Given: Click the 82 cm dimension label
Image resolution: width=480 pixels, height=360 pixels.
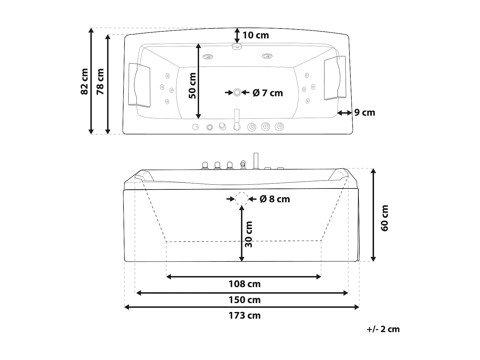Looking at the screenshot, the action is click(84, 81).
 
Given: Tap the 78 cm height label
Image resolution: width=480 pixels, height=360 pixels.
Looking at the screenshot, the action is click(100, 81).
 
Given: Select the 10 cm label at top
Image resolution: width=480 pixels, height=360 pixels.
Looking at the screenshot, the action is click(256, 35).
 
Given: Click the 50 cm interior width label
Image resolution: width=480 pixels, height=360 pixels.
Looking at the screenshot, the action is click(192, 86).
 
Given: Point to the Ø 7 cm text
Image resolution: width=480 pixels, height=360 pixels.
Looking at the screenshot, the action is click(268, 93).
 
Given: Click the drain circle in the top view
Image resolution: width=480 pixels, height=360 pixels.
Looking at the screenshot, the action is click(237, 92).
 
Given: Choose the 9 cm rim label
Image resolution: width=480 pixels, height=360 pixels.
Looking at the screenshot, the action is click(364, 113).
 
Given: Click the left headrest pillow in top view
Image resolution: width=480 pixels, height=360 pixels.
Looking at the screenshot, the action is click(139, 85).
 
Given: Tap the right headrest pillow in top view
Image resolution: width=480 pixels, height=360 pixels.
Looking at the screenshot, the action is click(335, 78).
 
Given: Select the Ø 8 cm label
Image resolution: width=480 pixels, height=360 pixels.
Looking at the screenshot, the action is click(275, 199).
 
